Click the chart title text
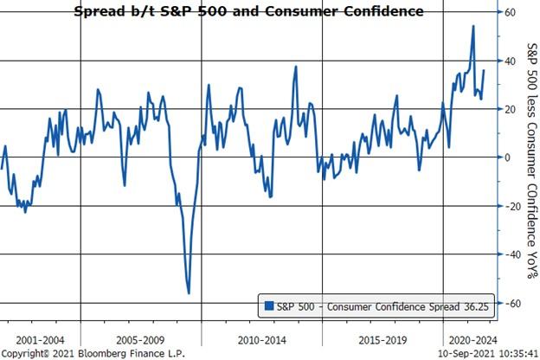pos(250,11)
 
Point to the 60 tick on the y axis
pos(511,13)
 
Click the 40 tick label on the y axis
pos(511,61)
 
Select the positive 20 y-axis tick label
pos(511,109)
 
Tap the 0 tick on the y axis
pos(509,157)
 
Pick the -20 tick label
pos(512,206)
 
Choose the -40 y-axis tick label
pos(512,254)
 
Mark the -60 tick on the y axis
pos(512,303)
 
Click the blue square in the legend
pos(269,305)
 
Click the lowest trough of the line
pos(189,293)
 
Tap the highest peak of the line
pos(472,26)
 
